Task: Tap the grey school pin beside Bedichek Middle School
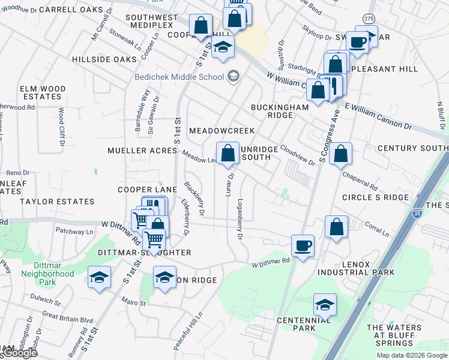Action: (x=233, y=76)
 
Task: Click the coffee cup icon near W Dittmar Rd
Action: (x=303, y=245)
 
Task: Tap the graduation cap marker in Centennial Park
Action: (x=325, y=305)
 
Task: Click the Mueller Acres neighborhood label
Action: (x=142, y=151)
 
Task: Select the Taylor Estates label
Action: (x=57, y=202)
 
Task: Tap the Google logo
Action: (x=19, y=353)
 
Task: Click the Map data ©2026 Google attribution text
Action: (x=411, y=355)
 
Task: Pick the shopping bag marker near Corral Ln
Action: (x=336, y=227)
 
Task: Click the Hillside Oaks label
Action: (x=104, y=59)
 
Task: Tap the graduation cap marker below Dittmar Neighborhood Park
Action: (x=99, y=277)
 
